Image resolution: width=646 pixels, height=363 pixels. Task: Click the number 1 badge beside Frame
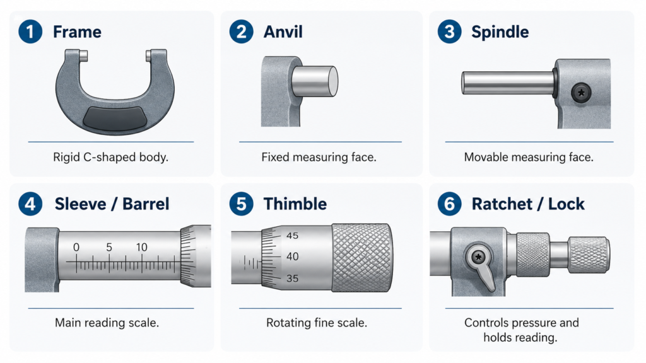tap(30, 32)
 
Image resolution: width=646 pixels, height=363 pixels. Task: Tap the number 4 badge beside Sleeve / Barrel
tap(30, 204)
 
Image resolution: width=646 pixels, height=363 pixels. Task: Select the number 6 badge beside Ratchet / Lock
tap(449, 204)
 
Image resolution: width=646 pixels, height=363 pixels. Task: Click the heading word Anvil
tap(283, 32)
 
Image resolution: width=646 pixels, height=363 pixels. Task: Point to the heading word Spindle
tap(500, 32)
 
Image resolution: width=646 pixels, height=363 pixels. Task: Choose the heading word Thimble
tap(295, 204)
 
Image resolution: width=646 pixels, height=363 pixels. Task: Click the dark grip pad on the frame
tap(115, 118)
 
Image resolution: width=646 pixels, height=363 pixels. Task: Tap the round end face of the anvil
tap(333, 81)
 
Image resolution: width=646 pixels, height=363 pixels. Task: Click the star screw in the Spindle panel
tap(581, 93)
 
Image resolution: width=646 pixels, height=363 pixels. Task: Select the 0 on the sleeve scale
tap(76, 247)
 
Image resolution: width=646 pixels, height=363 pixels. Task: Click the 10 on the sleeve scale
tap(141, 247)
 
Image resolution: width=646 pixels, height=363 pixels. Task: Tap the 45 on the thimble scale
tap(292, 236)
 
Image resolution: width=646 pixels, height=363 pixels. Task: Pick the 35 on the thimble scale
tap(292, 279)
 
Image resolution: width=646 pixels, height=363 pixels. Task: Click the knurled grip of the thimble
tap(362, 258)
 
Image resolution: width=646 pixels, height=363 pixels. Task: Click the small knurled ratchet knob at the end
tap(589, 255)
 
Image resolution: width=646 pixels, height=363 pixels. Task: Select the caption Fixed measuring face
tap(319, 157)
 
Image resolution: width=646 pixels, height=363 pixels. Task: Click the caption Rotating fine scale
tap(317, 323)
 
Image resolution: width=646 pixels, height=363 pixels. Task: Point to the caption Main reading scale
tap(107, 323)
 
